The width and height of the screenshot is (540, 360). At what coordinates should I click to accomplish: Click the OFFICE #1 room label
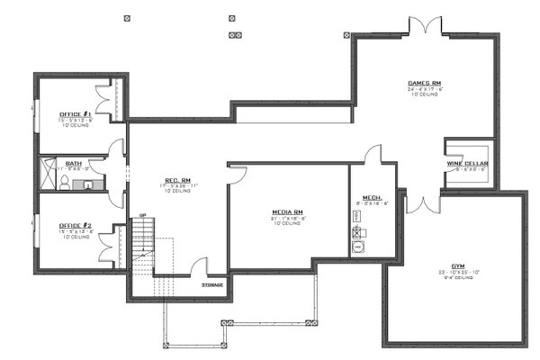pyautogui.click(x=74, y=114)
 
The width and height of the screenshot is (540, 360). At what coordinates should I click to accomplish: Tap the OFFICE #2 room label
pyautogui.click(x=74, y=225)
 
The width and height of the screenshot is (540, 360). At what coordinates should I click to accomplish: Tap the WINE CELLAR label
pyautogui.click(x=466, y=164)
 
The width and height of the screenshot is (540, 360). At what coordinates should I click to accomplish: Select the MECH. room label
pyautogui.click(x=373, y=197)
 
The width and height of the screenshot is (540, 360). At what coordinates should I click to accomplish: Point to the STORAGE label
pyautogui.click(x=212, y=284)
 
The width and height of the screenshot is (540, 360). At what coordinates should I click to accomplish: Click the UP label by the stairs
pyautogui.click(x=142, y=215)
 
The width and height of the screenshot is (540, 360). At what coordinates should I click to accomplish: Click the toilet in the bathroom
pyautogui.click(x=67, y=184)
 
